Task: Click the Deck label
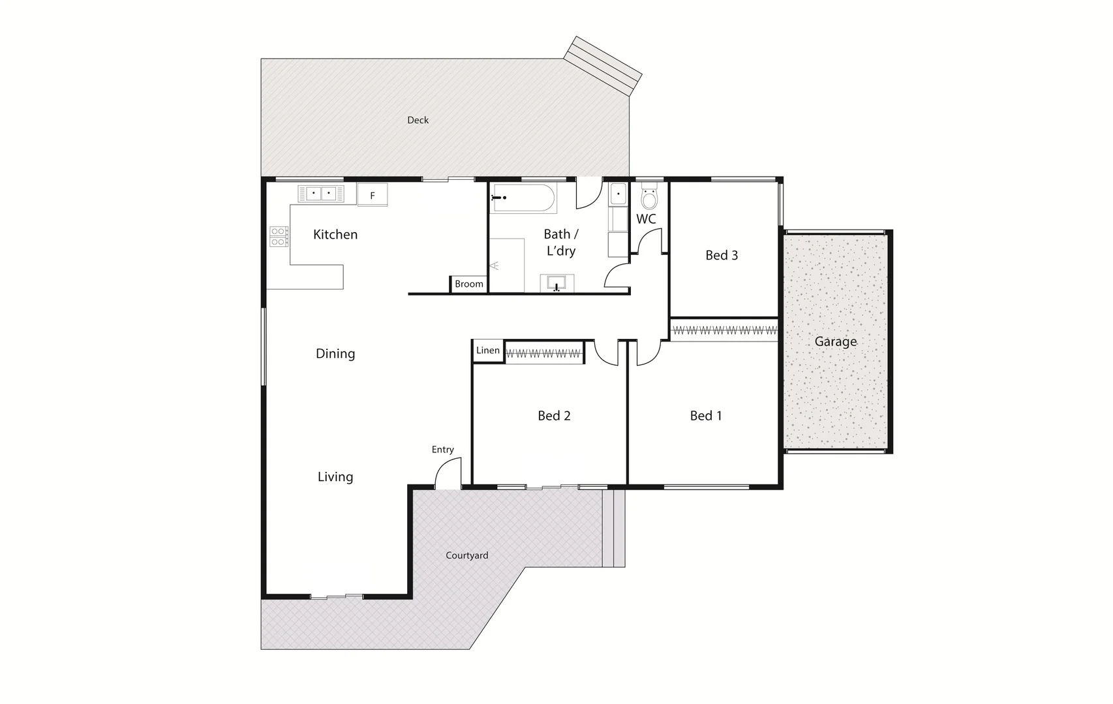418,120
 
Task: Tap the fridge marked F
373,195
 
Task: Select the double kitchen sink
321,194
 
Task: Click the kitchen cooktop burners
279,236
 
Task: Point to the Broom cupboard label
469,284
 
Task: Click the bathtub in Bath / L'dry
523,198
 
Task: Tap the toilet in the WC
648,197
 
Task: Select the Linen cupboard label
487,351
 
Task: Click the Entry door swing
449,472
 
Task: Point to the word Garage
835,342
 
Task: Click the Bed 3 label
722,256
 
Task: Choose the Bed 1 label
706,416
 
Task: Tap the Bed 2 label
554,416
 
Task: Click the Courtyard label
466,555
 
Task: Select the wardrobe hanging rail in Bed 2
543,354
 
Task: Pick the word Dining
335,354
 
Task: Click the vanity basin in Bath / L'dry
556,283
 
